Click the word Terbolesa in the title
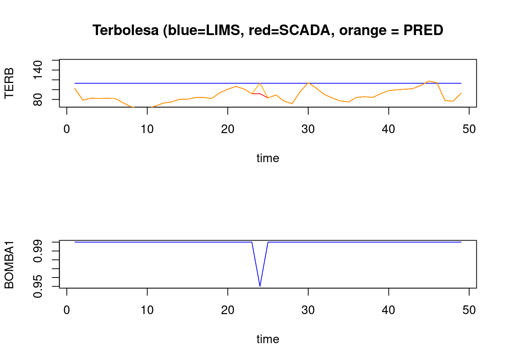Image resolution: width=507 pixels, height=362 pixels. point(126,30)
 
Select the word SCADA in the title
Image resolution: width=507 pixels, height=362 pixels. point(304,30)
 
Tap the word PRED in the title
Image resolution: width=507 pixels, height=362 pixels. point(423,30)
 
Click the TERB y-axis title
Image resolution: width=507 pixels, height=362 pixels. point(9,83)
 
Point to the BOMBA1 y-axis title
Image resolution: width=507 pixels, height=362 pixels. point(9,264)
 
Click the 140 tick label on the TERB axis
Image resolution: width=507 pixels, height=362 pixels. point(38,70)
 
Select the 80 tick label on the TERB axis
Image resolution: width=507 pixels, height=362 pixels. point(38,100)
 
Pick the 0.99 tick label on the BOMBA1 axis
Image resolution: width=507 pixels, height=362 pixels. point(38,251)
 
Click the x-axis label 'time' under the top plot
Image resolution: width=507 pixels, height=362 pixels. point(268,158)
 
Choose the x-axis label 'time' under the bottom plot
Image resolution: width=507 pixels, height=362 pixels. point(268,339)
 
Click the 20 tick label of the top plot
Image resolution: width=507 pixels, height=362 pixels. point(227,129)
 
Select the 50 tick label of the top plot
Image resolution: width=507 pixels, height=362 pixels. point(469,129)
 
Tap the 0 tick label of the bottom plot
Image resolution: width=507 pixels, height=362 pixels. point(67,310)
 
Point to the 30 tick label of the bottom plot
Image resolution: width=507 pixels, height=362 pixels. point(308,310)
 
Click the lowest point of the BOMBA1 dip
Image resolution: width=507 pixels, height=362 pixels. point(260,286)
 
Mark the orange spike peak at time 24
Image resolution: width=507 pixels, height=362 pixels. point(260,83)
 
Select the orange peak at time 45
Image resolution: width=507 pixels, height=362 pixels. point(429,81)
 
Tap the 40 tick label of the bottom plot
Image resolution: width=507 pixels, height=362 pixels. point(389,310)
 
